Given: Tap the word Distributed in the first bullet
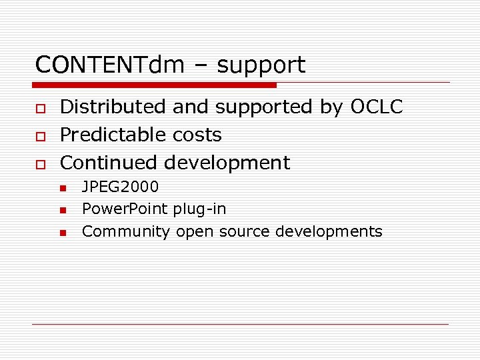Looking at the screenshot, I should click(112, 107).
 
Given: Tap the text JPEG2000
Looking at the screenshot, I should click(120, 187).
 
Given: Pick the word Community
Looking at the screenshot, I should click(125, 232).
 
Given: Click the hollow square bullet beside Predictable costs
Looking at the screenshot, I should click(40, 136).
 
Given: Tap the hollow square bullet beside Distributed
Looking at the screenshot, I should click(40, 108).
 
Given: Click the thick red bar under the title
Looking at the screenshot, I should click(155, 85).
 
